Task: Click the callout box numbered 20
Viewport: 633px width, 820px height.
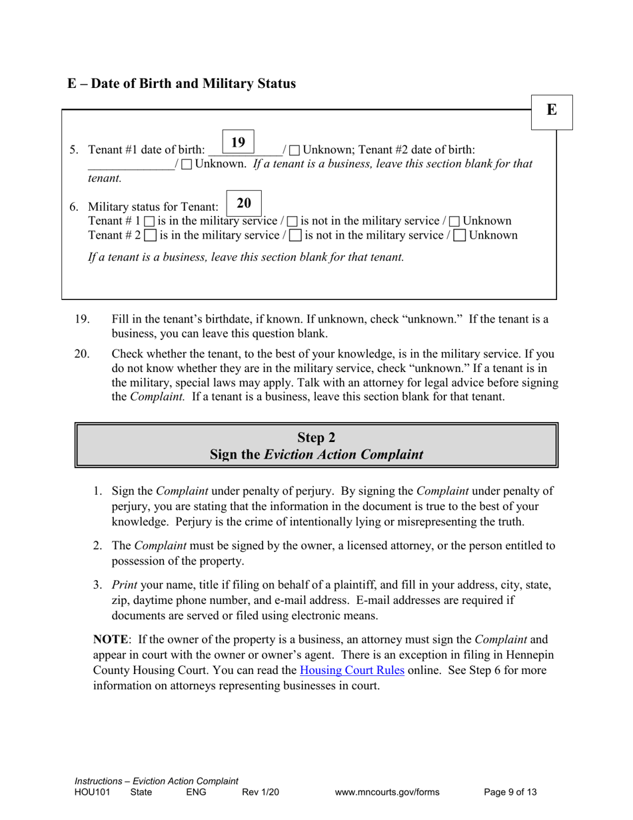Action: click(244, 203)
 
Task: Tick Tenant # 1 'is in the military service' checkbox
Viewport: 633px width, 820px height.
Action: click(150, 221)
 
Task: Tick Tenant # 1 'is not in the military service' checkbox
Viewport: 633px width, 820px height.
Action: click(293, 221)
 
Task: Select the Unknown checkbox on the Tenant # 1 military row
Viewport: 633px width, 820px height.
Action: click(454, 221)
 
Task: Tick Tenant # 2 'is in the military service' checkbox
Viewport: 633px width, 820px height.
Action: click(151, 236)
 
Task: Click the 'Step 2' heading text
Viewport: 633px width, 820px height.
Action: click(316, 437)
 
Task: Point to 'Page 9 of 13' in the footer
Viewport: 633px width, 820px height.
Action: click(510, 793)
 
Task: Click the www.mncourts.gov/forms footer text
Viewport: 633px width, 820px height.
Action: click(388, 793)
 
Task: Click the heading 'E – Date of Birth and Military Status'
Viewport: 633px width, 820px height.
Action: click(181, 84)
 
